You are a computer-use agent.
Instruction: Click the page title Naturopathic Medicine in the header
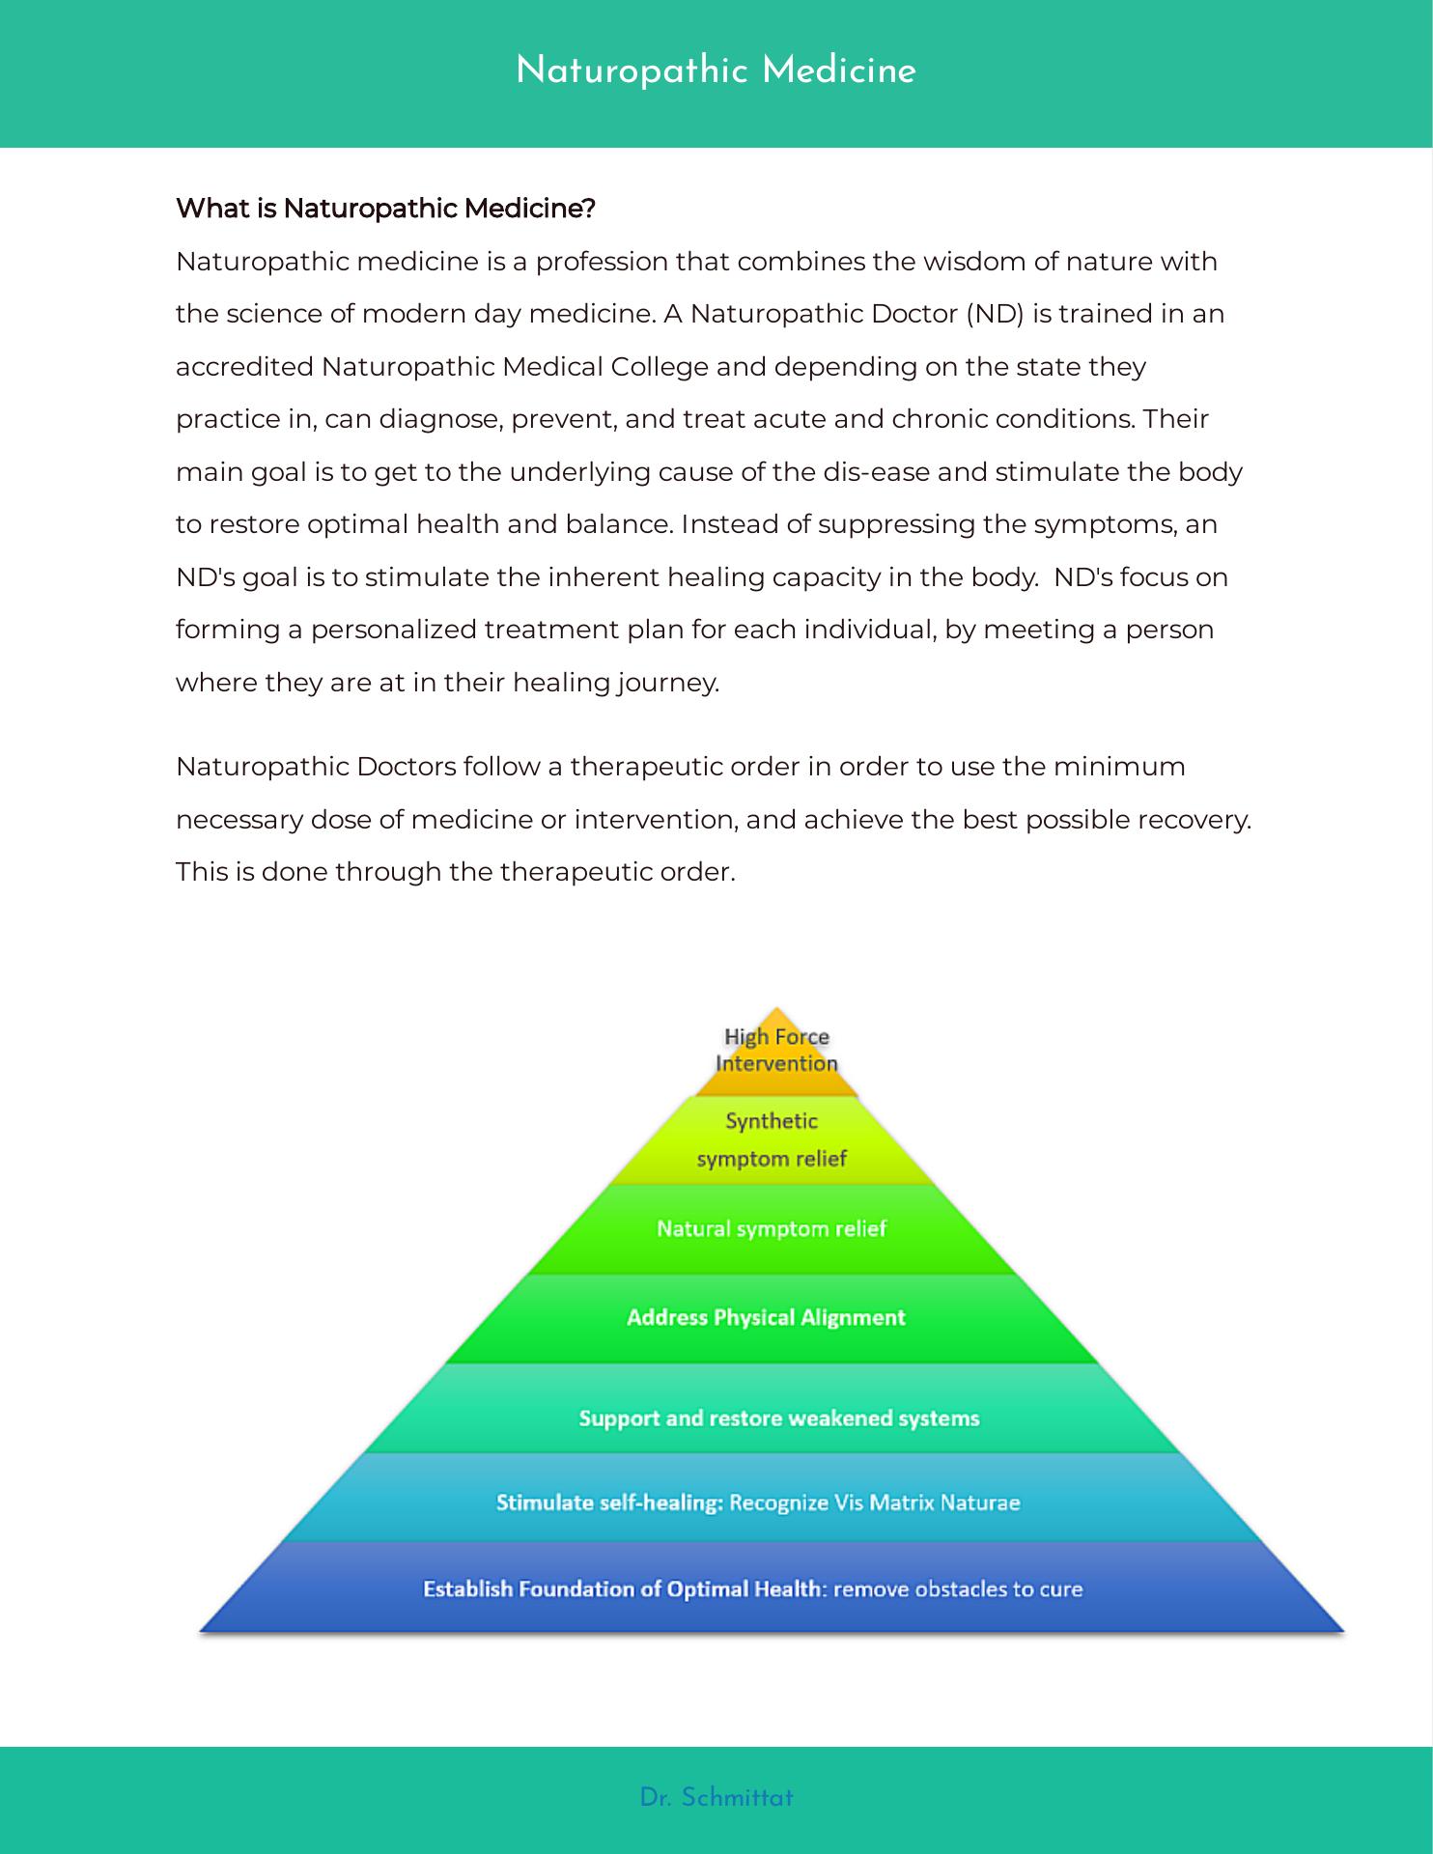point(716,71)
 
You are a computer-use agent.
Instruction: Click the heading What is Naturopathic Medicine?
point(385,209)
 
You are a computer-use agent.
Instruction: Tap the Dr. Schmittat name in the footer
point(716,1798)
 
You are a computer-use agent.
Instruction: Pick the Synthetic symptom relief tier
point(772,1140)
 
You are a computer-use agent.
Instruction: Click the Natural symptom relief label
point(772,1229)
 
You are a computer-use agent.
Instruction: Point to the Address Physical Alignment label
point(766,1318)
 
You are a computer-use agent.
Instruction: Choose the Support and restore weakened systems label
point(779,1419)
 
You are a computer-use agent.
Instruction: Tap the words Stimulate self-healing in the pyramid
point(609,1503)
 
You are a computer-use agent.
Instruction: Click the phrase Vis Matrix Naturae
point(927,1503)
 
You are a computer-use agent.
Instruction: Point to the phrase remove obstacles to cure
point(958,1589)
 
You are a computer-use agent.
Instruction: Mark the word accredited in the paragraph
point(244,367)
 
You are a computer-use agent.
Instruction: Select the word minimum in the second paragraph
point(1119,767)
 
